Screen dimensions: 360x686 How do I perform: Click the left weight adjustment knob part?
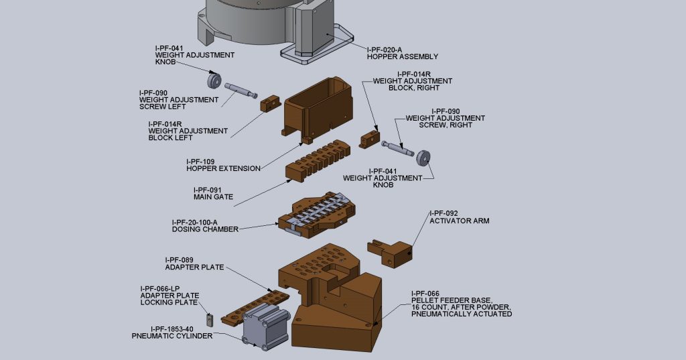214,80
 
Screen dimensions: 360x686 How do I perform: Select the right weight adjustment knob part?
422,158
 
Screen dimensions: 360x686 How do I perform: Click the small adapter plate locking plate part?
210,321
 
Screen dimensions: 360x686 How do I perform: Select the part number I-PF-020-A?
385,49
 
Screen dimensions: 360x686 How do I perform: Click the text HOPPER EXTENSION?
223,169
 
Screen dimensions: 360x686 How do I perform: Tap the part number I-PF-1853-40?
172,328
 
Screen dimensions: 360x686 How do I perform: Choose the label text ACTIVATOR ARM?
460,221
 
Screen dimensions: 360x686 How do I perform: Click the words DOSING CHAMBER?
205,229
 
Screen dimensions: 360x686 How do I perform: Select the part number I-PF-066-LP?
161,288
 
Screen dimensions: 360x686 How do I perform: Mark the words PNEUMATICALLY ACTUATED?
462,314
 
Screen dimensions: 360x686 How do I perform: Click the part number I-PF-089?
179,259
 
